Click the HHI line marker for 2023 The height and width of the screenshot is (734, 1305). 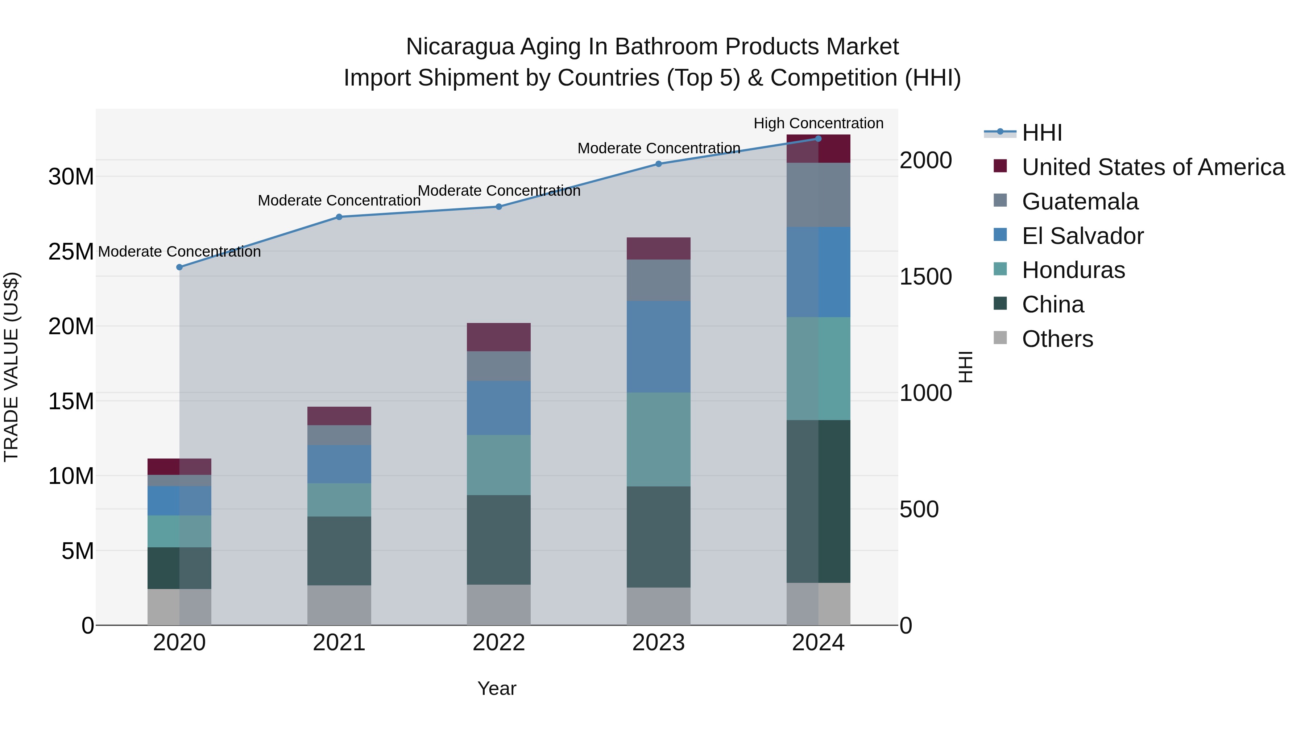[x=659, y=163]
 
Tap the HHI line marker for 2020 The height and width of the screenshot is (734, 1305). [x=179, y=267]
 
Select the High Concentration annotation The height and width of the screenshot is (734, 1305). [x=818, y=123]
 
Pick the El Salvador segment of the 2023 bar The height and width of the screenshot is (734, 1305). [x=659, y=347]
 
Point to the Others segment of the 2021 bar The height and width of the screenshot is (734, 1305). [x=339, y=605]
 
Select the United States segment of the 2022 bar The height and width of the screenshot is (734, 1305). [x=498, y=337]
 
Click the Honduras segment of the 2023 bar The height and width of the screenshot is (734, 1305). [x=659, y=439]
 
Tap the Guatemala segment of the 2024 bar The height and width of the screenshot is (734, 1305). [x=818, y=195]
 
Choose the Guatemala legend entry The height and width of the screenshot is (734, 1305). [x=1080, y=202]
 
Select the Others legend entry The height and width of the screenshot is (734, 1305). [x=1057, y=339]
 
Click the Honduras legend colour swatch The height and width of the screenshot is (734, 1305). [x=1000, y=269]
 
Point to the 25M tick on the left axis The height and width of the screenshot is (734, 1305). [x=71, y=251]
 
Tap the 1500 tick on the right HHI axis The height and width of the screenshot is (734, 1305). [x=925, y=277]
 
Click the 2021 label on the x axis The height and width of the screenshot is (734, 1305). [x=339, y=643]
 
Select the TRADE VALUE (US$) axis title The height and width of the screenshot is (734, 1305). [x=11, y=367]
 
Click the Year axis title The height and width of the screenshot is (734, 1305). [x=497, y=688]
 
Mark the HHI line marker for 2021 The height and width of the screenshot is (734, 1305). [x=339, y=217]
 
